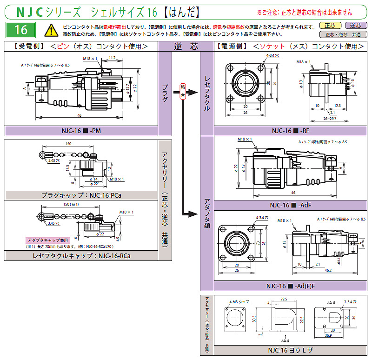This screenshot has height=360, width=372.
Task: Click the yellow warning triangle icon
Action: point(49,31)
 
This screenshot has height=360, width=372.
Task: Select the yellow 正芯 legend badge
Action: point(330,26)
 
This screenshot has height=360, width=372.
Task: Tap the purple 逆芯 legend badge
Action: point(355,26)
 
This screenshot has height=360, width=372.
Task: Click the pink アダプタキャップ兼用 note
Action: point(47,240)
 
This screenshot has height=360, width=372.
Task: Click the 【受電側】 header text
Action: point(29,46)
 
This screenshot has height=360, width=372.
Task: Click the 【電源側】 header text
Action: point(232,46)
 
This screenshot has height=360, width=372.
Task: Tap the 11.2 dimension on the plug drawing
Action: point(112,58)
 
